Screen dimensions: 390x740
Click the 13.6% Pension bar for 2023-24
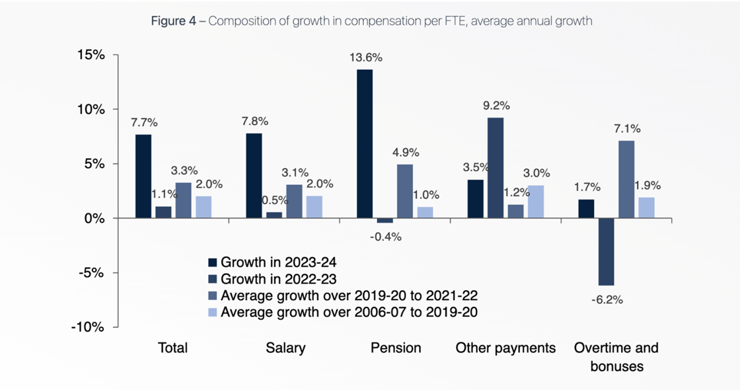[x=365, y=143]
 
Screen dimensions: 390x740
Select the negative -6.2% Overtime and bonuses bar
[x=606, y=251]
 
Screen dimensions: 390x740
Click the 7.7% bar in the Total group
[x=143, y=176]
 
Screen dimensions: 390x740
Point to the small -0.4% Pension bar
[x=385, y=220]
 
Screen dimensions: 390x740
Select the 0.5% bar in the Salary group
[x=274, y=215]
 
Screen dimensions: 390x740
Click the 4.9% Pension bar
[x=404, y=191]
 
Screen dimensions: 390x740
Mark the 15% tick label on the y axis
[x=91, y=55]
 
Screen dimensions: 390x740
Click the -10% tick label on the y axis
[x=89, y=327]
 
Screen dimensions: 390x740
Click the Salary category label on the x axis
[x=285, y=348]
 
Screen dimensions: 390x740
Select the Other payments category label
[x=505, y=348]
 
